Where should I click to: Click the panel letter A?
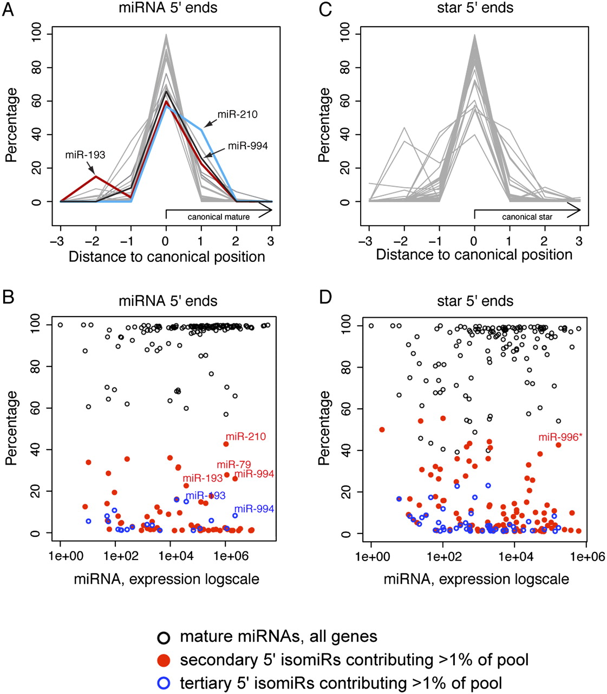(8, 9)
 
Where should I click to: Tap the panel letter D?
(326, 301)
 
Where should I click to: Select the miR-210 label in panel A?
(238, 114)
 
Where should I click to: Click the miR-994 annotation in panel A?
(247, 146)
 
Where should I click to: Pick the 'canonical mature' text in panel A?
(219, 217)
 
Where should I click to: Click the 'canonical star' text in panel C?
(527, 217)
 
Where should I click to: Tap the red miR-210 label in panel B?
(246, 436)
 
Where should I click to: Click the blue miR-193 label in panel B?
(205, 496)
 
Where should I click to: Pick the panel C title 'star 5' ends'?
(475, 8)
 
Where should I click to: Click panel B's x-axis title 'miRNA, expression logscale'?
(166, 579)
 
